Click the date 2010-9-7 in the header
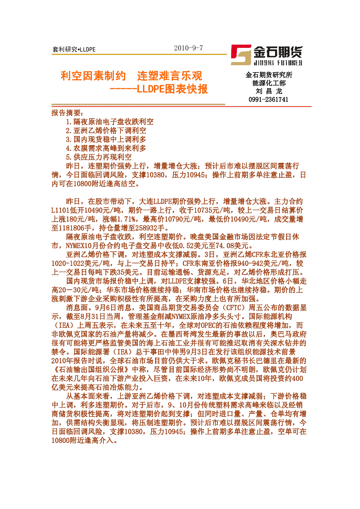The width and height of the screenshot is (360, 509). pyautogui.click(x=188, y=48)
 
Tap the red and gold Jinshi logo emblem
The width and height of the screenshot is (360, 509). pyautogui.click(x=241, y=55)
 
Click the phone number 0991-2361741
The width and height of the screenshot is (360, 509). pyautogui.click(x=269, y=99)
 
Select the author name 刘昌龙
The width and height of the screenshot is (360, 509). pyautogui.click(x=269, y=91)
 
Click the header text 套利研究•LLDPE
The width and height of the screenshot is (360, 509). pyautogui.click(x=74, y=49)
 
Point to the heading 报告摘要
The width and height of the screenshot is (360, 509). pyautogui.click(x=67, y=113)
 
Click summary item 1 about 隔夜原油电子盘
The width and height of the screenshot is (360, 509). pyautogui.click(x=110, y=122)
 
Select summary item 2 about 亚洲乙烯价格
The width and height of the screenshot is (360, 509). pyautogui.click(x=106, y=131)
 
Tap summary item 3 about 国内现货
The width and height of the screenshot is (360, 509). pyautogui.click(x=106, y=139)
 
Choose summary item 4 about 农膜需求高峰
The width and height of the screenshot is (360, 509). pyautogui.click(x=106, y=148)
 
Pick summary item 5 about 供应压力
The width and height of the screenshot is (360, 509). pyautogui.click(x=99, y=157)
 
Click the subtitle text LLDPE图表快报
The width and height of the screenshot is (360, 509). pyautogui.click(x=172, y=89)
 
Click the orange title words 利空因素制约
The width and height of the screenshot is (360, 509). pyautogui.click(x=93, y=76)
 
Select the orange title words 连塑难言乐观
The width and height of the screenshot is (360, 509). pyautogui.click(x=169, y=76)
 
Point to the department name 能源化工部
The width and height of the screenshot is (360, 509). pyautogui.click(x=269, y=83)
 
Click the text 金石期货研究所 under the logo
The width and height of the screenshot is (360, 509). pyautogui.click(x=269, y=75)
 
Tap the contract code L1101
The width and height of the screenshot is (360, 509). pyautogui.click(x=61, y=210)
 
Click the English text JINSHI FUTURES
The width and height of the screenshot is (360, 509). pyautogui.click(x=278, y=63)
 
